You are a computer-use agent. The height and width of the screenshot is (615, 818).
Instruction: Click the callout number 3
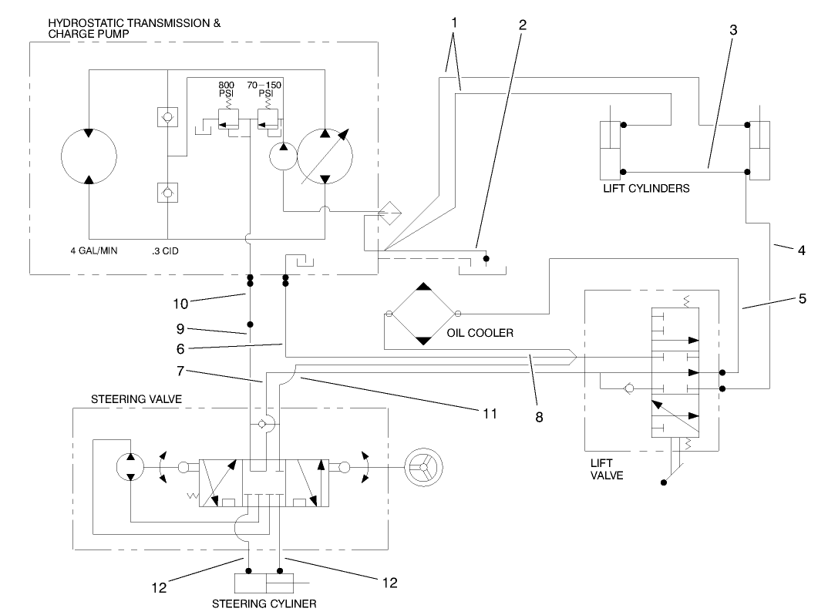[733, 32]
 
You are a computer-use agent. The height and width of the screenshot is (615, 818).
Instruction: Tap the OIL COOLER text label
[480, 334]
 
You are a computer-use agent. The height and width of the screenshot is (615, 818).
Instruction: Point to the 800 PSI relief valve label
[227, 89]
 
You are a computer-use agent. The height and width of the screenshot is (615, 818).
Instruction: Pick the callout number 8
[538, 417]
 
